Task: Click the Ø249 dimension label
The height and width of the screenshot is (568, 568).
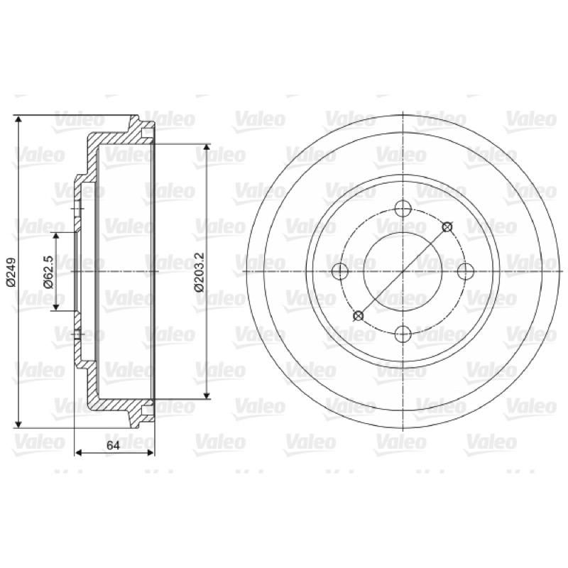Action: pyautogui.click(x=11, y=272)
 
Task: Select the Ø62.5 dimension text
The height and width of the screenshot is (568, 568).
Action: pyautogui.click(x=48, y=272)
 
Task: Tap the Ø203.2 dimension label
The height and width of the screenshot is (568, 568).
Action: pyautogui.click(x=200, y=272)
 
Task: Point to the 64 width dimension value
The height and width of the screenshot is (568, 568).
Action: pyautogui.click(x=113, y=446)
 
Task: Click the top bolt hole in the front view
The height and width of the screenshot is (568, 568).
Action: pyautogui.click(x=403, y=209)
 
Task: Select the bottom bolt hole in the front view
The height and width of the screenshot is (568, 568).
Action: pyautogui.click(x=403, y=334)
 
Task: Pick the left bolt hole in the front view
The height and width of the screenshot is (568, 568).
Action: pyautogui.click(x=340, y=271)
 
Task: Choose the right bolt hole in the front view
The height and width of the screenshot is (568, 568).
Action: pyautogui.click(x=466, y=271)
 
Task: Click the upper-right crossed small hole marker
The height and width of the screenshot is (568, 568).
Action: pyautogui.click(x=447, y=227)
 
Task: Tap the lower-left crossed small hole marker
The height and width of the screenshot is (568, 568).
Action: pyautogui.click(x=359, y=316)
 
